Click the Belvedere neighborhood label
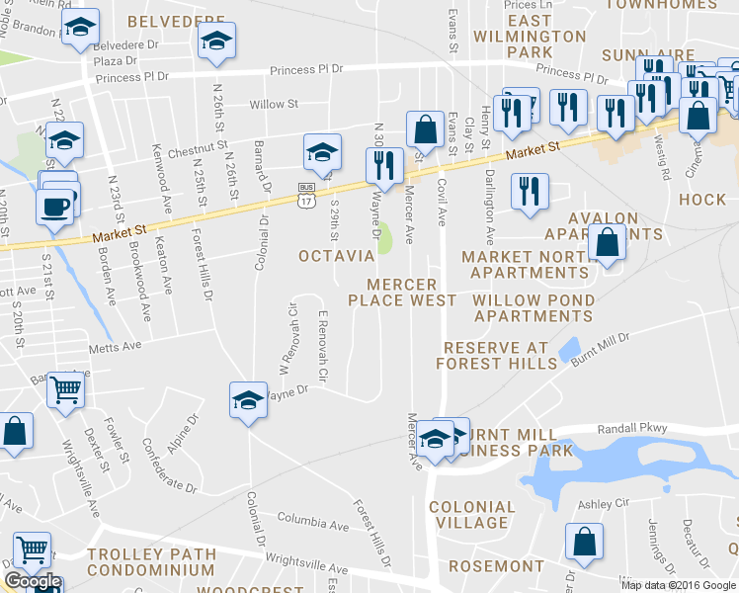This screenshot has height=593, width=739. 183,19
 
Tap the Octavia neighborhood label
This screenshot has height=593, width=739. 335,256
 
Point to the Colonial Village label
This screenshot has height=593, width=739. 472,515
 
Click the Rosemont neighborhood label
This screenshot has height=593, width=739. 497,566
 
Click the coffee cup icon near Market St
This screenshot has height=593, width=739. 53,207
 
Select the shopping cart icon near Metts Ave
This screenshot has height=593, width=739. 66,389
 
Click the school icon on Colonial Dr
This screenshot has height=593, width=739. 248,399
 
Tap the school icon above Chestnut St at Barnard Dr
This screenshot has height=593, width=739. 322,152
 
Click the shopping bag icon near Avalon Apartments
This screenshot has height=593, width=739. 607,240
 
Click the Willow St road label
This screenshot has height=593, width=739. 274,104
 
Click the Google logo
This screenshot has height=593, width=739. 33,581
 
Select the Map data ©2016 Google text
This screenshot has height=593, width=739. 678,584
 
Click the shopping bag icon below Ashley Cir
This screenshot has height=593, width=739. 584,542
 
